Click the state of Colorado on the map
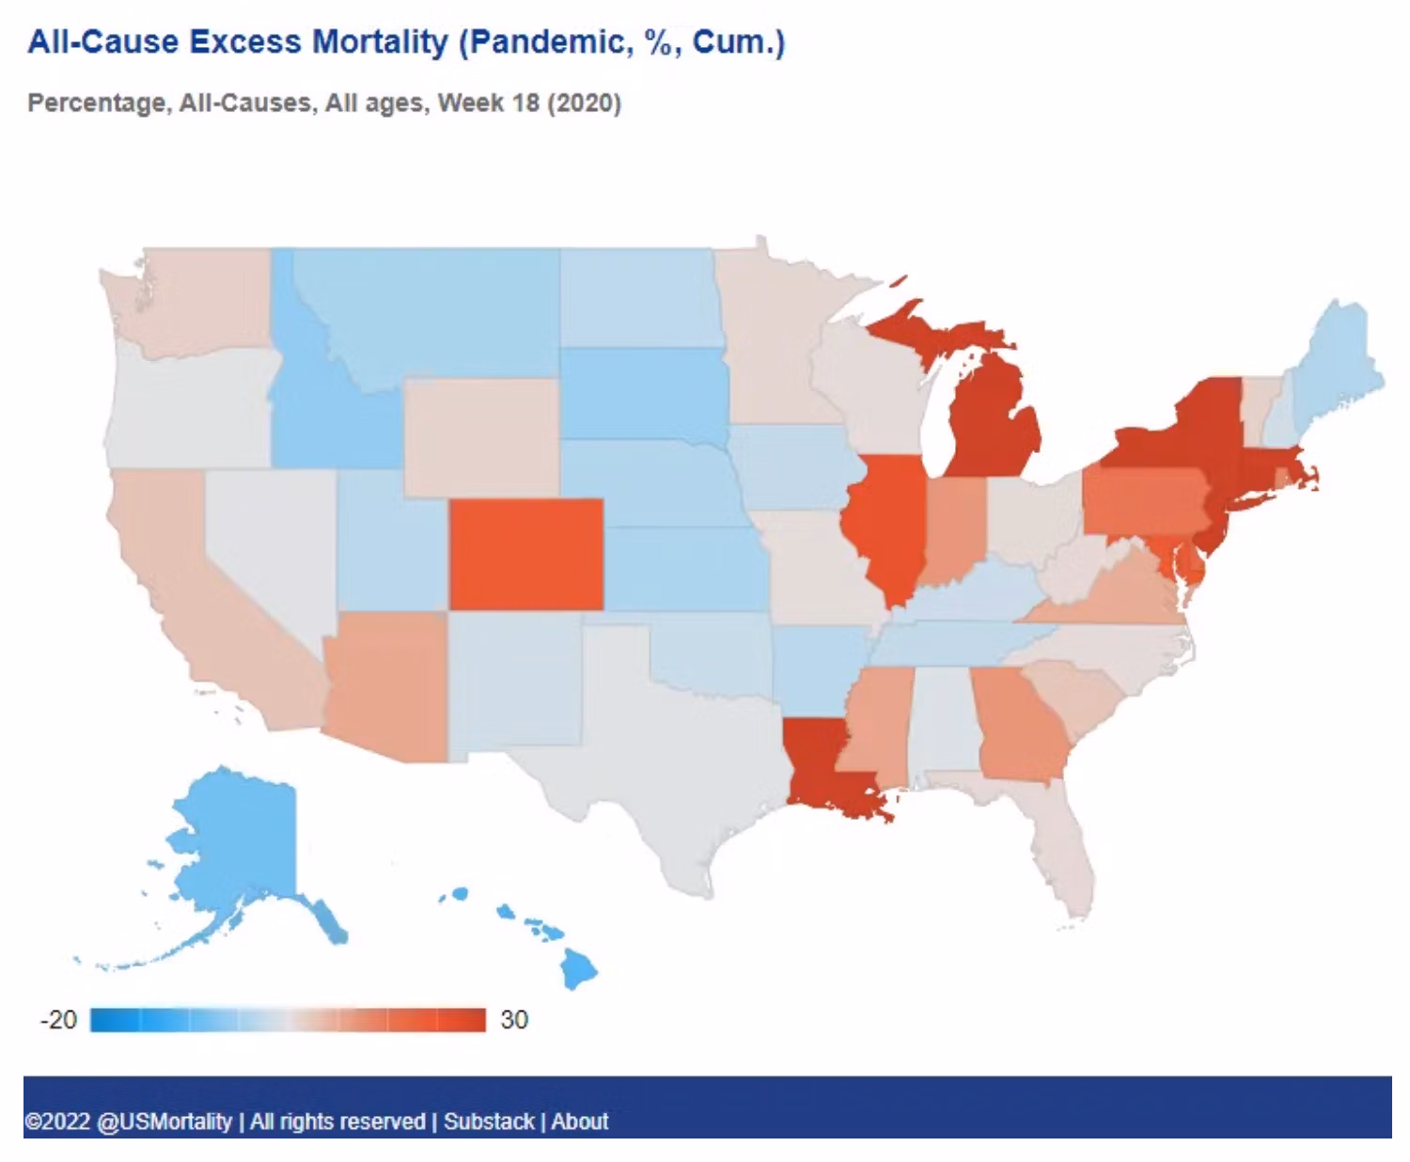[526, 554]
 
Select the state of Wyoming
[481, 437]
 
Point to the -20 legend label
[58, 1020]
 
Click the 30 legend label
[514, 1020]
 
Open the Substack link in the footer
[489, 1122]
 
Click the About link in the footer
[580, 1122]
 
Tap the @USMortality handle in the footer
[164, 1122]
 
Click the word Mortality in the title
[380, 42]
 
